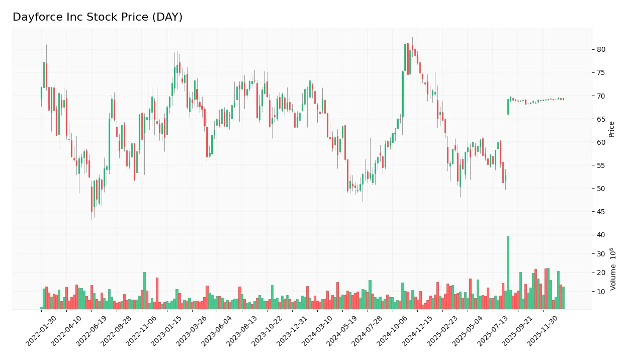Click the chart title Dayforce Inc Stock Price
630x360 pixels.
pyautogui.click(x=98, y=17)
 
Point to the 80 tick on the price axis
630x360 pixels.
pyautogui.click(x=601, y=49)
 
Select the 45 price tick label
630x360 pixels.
pyautogui.click(x=601, y=212)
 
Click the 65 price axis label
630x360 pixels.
pyautogui.click(x=601, y=119)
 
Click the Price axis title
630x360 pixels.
pyautogui.click(x=612, y=129)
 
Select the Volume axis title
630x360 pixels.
pyautogui.click(x=613, y=269)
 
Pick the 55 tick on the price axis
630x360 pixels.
pyautogui.click(x=601, y=165)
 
